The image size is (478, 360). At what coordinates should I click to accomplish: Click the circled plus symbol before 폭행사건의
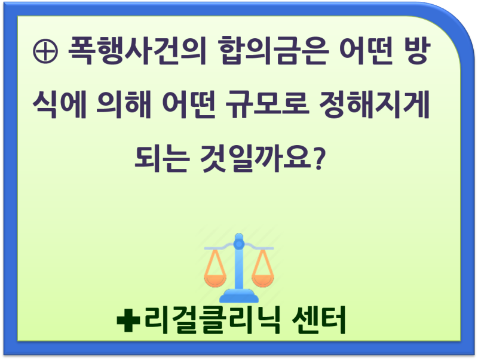[x=45, y=51]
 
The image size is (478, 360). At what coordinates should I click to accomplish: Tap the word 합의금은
[x=273, y=50]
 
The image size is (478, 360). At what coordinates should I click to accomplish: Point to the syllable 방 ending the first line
[x=416, y=50]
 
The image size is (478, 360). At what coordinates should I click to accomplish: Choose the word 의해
[x=124, y=104]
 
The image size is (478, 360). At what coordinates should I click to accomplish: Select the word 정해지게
[x=375, y=104]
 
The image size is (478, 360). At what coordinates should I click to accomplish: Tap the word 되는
[x=161, y=158]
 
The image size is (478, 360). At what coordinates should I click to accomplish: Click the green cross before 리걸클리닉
[x=128, y=320]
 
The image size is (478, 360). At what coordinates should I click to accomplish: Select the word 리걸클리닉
[x=212, y=320]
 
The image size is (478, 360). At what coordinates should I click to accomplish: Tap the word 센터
[x=318, y=320]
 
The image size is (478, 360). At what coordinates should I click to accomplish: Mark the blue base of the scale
[x=239, y=296]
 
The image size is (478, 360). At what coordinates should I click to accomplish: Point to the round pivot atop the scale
[x=239, y=244]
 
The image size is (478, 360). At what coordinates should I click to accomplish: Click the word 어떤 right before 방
[x=366, y=50]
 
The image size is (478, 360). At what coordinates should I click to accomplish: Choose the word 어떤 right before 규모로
[x=189, y=104]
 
